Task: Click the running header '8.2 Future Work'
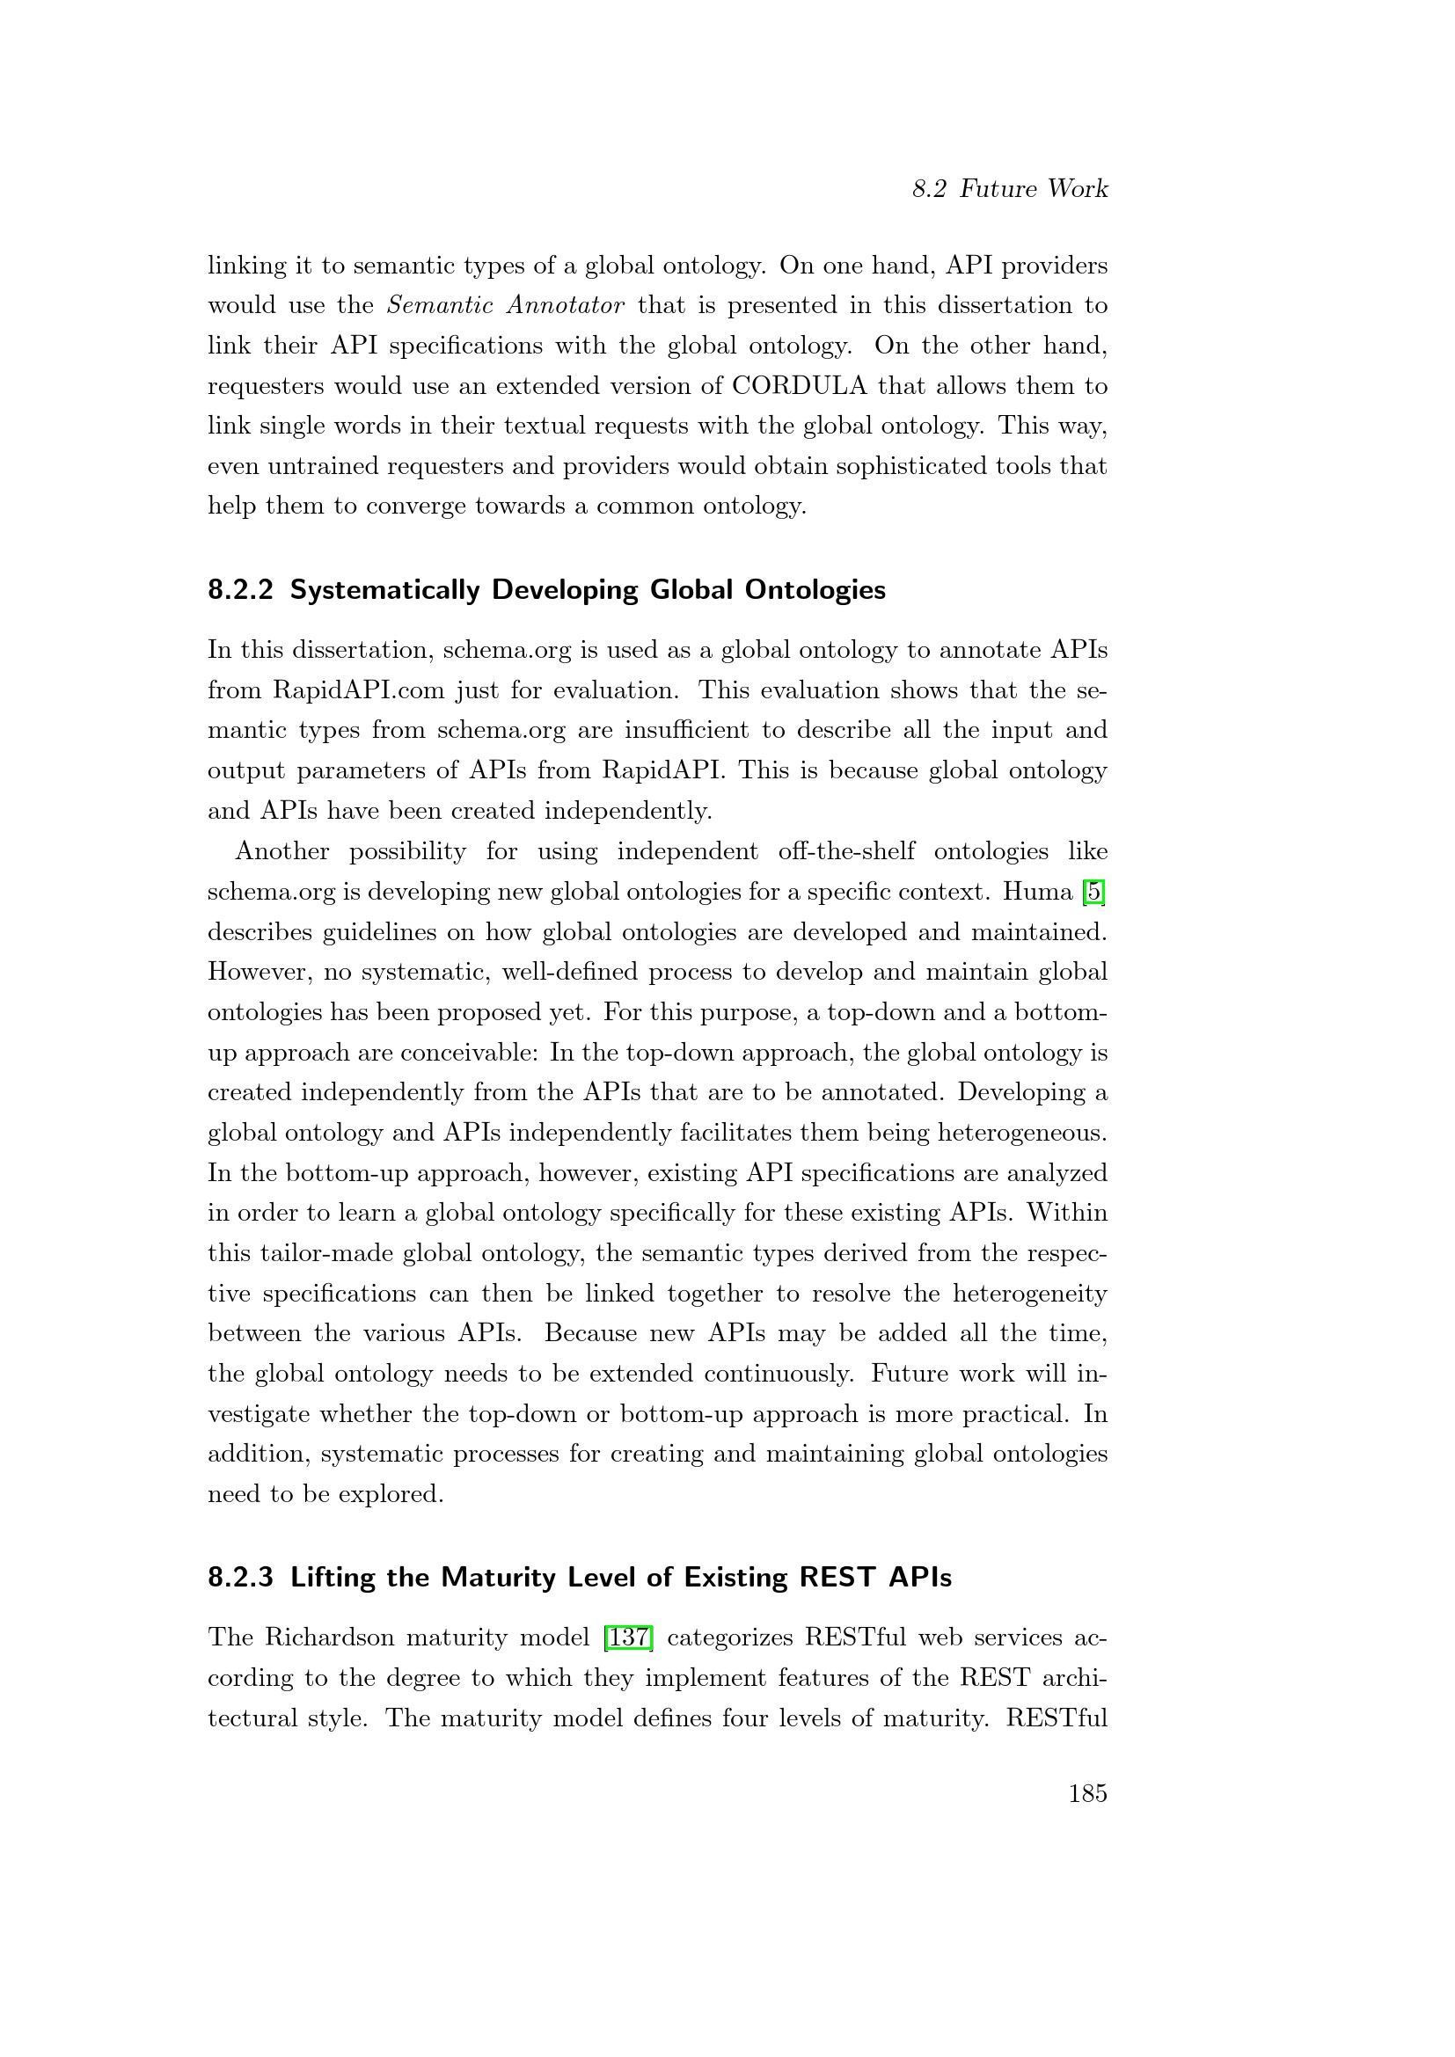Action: [1010, 189]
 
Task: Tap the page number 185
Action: [1087, 1792]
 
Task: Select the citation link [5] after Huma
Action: [1094, 892]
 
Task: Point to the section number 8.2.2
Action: [240, 590]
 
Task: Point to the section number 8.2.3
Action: [240, 1577]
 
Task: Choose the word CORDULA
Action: [799, 386]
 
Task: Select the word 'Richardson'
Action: [329, 1638]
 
